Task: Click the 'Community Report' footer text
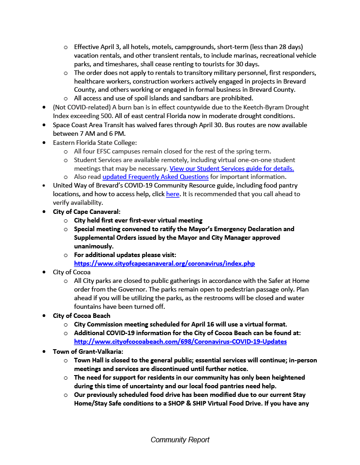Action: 180,440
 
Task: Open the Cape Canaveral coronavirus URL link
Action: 164,263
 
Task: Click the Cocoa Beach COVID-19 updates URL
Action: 180,341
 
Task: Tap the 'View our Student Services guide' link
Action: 231,168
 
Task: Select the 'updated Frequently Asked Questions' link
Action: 155,177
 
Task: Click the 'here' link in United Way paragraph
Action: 172,194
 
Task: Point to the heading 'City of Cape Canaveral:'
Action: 87,212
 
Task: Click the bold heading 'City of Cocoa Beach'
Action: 81,316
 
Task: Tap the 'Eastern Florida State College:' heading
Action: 95,142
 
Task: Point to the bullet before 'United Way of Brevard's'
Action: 44,185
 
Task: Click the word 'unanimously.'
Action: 94,246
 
